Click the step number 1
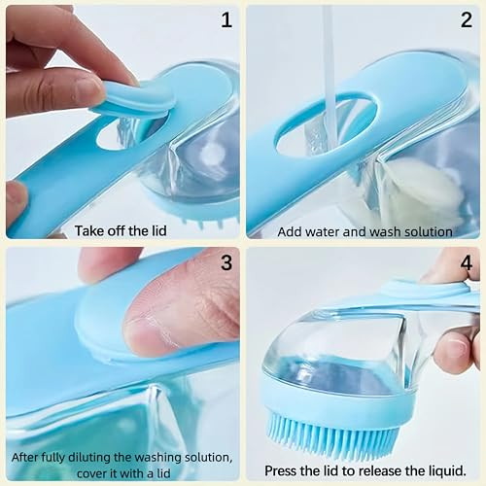226,19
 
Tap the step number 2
466,19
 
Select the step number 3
226,262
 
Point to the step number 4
466,262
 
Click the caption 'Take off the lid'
122,231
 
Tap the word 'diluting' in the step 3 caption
103,457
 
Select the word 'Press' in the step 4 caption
282,470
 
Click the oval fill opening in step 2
326,126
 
